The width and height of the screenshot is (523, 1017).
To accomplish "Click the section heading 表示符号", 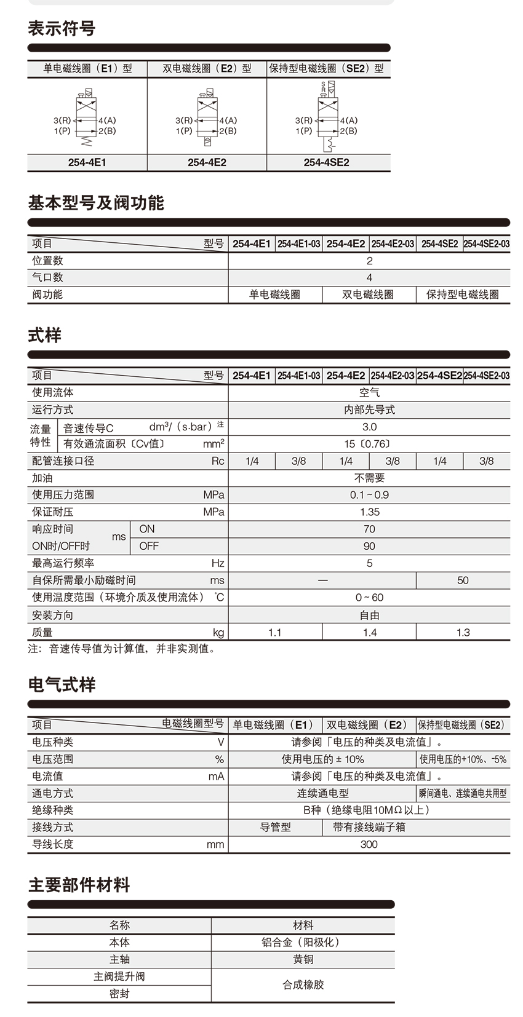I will click(x=61, y=28).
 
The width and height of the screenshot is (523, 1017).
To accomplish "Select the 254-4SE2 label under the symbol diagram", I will click(x=326, y=162).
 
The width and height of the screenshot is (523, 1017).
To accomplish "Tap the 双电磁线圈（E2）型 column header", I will click(x=207, y=68).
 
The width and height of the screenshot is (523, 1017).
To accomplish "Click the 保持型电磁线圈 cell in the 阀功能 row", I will click(x=462, y=295).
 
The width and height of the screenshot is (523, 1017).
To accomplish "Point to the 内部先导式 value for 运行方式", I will click(x=369, y=410).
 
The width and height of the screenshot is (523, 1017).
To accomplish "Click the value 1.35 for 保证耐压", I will click(x=369, y=512).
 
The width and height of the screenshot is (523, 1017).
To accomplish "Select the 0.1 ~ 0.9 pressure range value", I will click(x=369, y=494).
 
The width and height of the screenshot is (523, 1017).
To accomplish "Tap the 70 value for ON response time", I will click(x=369, y=529).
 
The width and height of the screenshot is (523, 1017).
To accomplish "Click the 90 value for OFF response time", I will click(x=369, y=546).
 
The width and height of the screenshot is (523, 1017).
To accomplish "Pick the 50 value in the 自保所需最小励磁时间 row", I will click(x=463, y=580).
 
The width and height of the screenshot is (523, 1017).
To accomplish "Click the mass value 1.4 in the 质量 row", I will click(x=369, y=632).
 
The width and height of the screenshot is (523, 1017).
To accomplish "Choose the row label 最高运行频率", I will click(x=63, y=563).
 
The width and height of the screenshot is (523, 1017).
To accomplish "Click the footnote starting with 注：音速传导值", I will click(x=122, y=648).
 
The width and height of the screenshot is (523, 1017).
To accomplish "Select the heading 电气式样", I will click(x=62, y=684).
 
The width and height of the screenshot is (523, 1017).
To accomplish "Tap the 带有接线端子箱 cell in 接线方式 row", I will click(x=369, y=827).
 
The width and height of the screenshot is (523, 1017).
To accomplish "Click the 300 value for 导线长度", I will click(x=369, y=844).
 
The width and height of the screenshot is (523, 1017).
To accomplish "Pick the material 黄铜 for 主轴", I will click(x=303, y=959).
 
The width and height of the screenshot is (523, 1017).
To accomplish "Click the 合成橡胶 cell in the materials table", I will click(x=303, y=984).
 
